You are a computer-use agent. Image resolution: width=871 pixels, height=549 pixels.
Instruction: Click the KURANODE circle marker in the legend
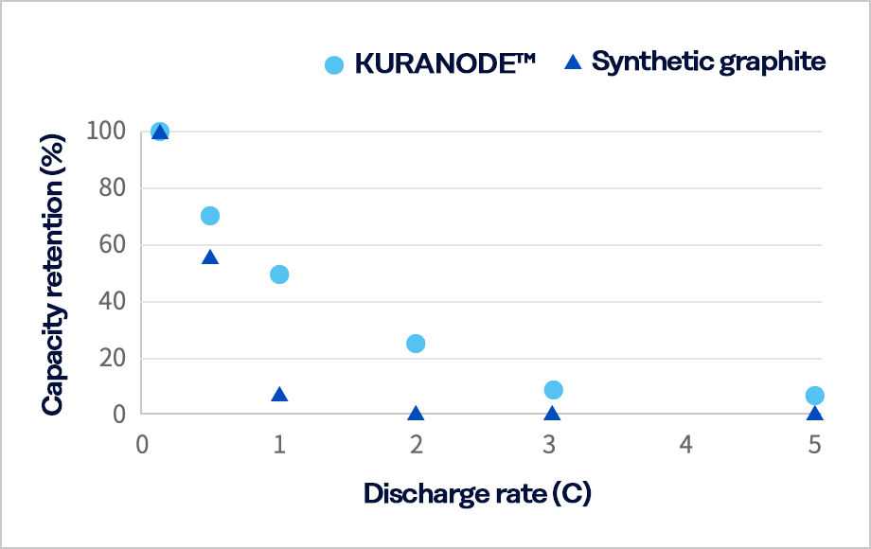coord(334,64)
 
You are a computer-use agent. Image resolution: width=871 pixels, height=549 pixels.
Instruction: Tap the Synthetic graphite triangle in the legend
coord(572,62)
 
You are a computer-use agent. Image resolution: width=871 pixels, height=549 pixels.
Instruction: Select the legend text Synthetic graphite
coord(709,62)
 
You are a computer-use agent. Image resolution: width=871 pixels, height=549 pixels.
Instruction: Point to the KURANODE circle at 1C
coord(279,274)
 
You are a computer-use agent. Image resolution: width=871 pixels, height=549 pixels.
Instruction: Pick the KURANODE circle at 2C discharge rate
coord(416,344)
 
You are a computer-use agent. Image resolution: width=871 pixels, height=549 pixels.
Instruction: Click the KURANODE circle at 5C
coord(815,396)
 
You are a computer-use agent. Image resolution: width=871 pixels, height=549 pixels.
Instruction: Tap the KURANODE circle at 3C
coord(554,390)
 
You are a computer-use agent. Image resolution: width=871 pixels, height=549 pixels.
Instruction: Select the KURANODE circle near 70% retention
coord(210,216)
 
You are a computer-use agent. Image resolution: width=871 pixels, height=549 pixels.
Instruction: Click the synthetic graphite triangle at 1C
coord(279,395)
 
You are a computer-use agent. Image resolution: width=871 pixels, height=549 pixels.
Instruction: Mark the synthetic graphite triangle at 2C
coord(416,414)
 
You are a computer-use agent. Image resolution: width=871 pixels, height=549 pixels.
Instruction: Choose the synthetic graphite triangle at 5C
coord(815,414)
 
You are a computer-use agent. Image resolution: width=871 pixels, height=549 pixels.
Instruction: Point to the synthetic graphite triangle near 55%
coord(210,257)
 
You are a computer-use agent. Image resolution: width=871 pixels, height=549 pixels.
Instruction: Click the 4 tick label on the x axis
coord(685,444)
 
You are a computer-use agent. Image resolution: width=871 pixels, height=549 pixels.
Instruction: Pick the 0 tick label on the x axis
coord(142,444)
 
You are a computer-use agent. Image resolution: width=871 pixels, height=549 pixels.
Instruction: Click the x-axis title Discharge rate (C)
coord(477,493)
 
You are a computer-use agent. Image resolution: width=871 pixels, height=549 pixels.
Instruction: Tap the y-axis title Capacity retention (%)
coord(53,273)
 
